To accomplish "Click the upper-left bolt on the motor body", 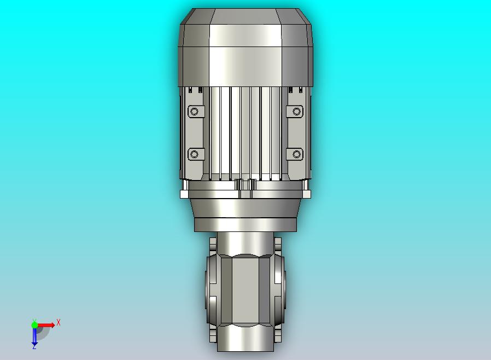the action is tap(195, 112).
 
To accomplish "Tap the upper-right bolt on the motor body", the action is tap(296, 111).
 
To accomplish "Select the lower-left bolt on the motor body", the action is tap(195, 154).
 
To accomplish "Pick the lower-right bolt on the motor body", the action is tap(296, 154).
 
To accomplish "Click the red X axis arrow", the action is tap(46, 325).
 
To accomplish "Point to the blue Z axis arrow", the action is tap(34, 336).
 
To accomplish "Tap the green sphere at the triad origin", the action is tap(34, 325).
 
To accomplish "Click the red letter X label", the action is tap(59, 322).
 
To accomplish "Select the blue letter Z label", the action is tap(34, 347).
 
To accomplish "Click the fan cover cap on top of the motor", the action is tap(245, 48).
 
